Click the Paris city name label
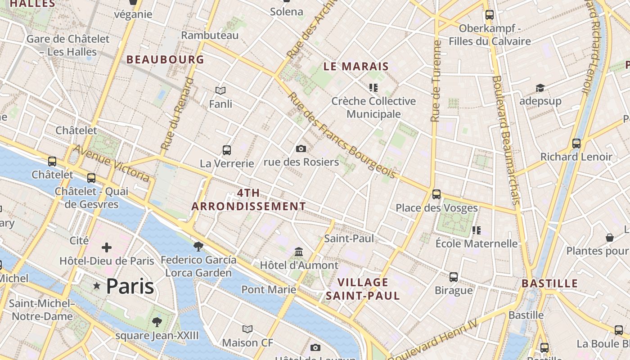pyautogui.click(x=130, y=286)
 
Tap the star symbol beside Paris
pyautogui.click(x=96, y=286)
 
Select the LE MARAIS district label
pyautogui.click(x=356, y=67)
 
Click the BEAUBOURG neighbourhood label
pyautogui.click(x=165, y=59)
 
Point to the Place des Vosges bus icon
pyautogui.click(x=436, y=194)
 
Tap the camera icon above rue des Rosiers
pyautogui.click(x=301, y=148)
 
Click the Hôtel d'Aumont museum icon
pyautogui.click(x=299, y=252)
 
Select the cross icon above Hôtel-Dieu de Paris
pyautogui.click(x=107, y=247)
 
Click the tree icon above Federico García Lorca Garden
pyautogui.click(x=198, y=246)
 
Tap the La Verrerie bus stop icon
pyautogui.click(x=227, y=150)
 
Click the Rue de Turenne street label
pyautogui.click(x=435, y=81)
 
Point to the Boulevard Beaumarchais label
pyautogui.click(x=506, y=139)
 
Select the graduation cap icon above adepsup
pyautogui.click(x=540, y=88)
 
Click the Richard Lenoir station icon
pyautogui.click(x=576, y=144)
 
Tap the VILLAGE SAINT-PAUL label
pyautogui.click(x=363, y=289)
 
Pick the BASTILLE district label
pyautogui.click(x=549, y=283)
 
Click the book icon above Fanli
pyautogui.click(x=220, y=90)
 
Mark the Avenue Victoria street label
pyautogui.click(x=111, y=163)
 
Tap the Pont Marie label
pyautogui.click(x=269, y=289)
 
